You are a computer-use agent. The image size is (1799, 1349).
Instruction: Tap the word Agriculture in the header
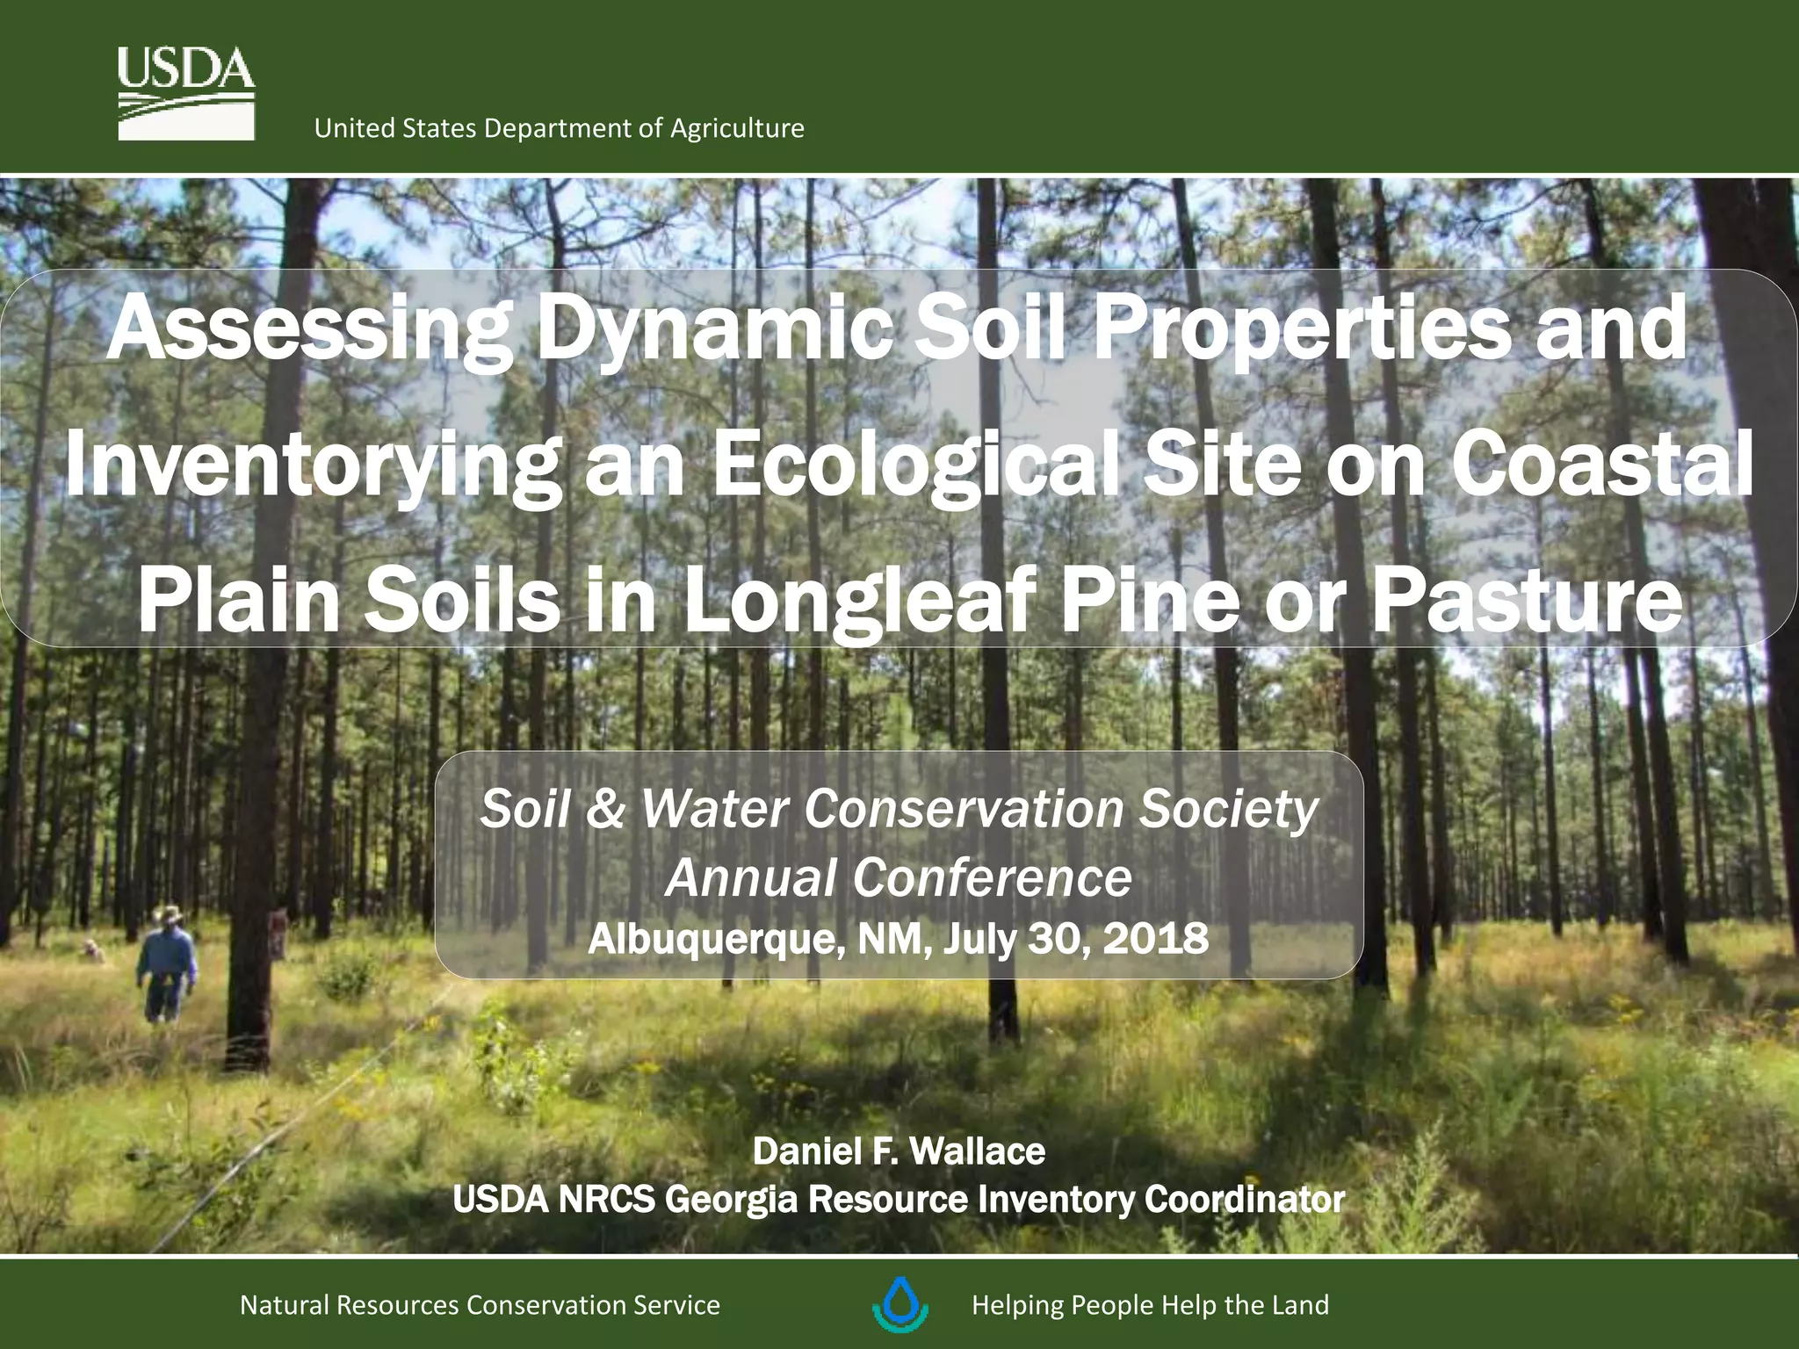click(x=737, y=129)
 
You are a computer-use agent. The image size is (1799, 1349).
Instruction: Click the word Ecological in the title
click(x=914, y=465)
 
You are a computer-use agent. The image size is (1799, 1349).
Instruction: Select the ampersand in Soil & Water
click(x=605, y=809)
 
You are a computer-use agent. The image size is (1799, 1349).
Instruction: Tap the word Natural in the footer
click(x=284, y=1305)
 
